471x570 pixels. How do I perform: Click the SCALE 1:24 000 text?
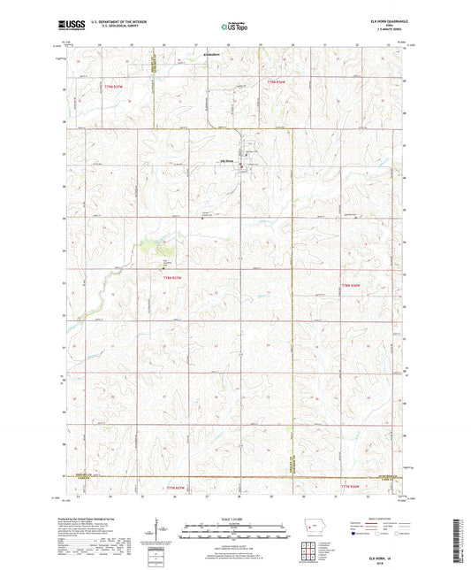[232, 519]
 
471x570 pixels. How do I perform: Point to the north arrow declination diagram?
[163, 530]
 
